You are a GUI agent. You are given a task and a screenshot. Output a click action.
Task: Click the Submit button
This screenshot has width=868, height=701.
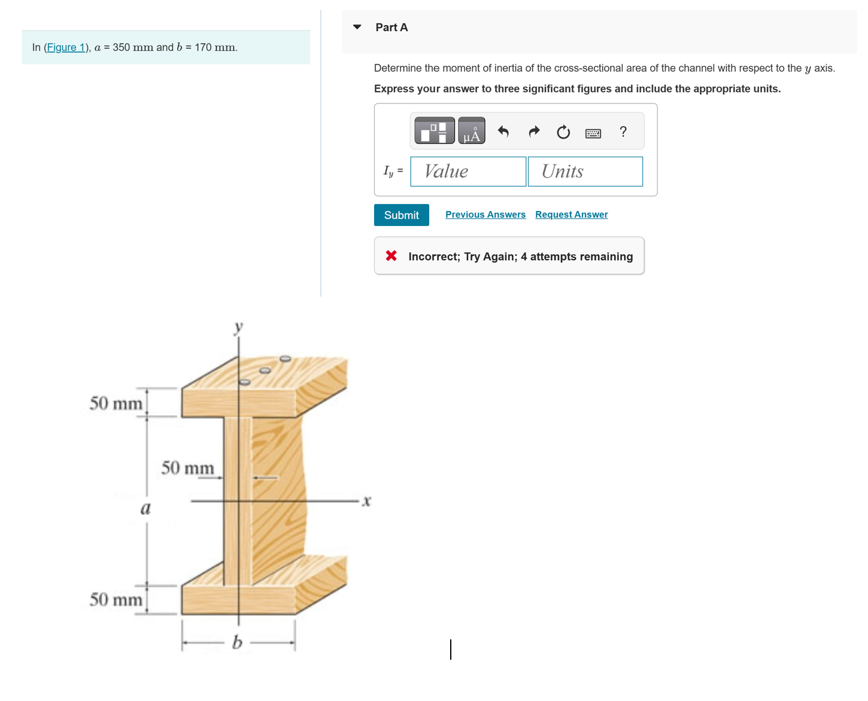[x=401, y=215]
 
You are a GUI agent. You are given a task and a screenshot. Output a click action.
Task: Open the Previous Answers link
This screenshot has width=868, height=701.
[x=485, y=215]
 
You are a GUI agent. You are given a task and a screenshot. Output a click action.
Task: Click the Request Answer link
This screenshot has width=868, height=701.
[x=571, y=215]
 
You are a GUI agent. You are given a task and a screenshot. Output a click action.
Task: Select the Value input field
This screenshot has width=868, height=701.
[x=468, y=172]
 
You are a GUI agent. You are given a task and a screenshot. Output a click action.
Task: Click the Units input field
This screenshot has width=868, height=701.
[x=585, y=172]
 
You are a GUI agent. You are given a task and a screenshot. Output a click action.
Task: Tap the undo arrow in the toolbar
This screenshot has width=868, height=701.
[x=503, y=132]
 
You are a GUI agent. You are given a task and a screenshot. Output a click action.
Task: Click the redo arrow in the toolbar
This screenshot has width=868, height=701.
[x=534, y=132]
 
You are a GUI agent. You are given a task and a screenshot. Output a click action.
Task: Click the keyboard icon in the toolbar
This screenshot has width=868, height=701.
[x=593, y=133]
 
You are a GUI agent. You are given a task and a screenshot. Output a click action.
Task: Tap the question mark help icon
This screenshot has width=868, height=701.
[x=623, y=132]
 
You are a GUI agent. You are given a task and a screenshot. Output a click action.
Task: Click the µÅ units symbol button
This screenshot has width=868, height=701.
[x=472, y=131]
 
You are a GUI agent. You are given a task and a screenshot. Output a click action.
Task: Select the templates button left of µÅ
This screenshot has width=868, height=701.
[x=434, y=131]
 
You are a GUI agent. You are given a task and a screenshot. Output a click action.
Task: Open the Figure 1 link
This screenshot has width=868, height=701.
[x=66, y=47]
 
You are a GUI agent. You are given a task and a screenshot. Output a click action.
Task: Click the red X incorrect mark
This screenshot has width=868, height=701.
[x=391, y=256]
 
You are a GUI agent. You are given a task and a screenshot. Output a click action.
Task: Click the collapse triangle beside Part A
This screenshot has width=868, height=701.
[x=357, y=27]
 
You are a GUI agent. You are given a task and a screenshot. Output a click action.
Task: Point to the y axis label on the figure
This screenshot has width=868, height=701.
[x=239, y=327]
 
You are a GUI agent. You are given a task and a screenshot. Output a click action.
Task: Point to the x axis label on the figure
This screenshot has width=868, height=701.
[x=366, y=501]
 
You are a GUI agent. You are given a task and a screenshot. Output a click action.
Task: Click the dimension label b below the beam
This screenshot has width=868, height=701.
[x=237, y=642]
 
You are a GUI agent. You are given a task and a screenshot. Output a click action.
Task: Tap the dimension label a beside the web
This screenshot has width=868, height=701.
[x=145, y=509]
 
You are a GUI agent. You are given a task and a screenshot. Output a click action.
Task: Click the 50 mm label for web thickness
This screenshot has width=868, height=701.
[x=187, y=468]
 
